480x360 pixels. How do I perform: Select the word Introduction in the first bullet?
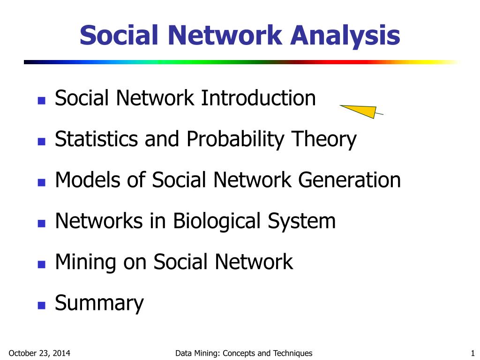[258, 98]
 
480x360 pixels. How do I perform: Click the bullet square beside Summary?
[41, 305]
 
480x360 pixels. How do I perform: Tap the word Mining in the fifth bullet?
[85, 262]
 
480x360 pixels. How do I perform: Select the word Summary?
[99, 303]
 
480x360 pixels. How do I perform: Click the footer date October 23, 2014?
[40, 353]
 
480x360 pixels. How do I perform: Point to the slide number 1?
[472, 353]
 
